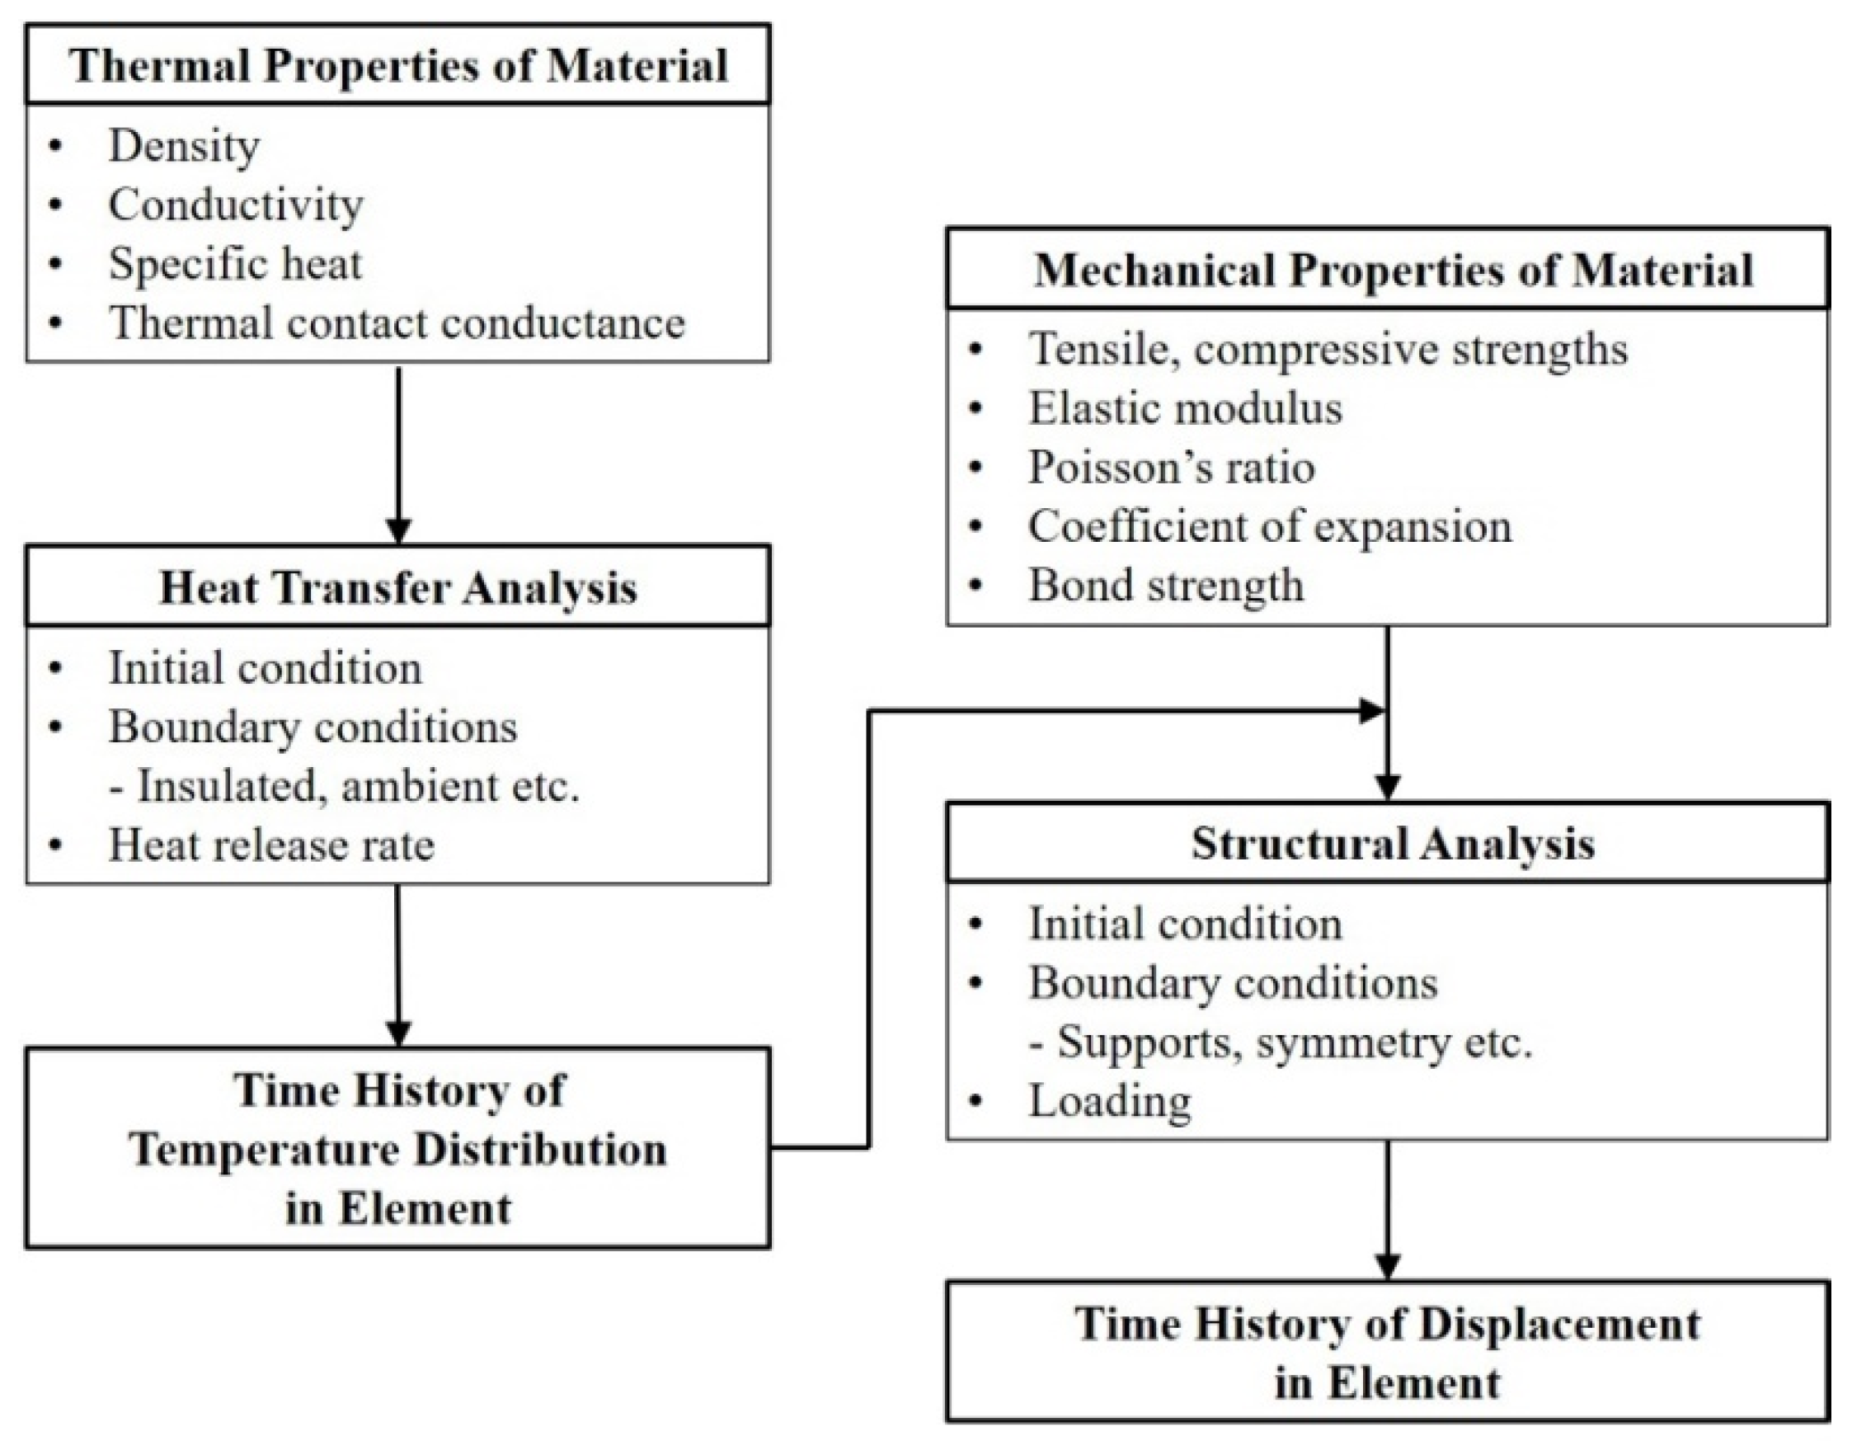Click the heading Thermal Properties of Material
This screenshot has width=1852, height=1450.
[x=398, y=65]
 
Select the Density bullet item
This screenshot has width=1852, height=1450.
[x=183, y=145]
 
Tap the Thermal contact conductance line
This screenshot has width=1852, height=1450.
[x=397, y=322]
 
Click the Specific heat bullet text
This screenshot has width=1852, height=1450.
[x=235, y=263]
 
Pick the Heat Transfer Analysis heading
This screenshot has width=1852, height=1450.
[x=398, y=587]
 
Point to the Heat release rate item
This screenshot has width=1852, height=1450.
[x=270, y=845]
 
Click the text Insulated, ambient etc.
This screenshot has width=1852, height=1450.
[x=345, y=785]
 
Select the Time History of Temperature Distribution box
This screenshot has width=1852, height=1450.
[x=398, y=1148]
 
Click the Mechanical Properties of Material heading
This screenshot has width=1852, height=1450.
[x=1393, y=270]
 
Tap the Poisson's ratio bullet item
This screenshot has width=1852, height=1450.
[x=1171, y=467]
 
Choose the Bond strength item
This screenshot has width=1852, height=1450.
[x=1165, y=585]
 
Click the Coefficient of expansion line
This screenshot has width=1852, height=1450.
[x=1270, y=526]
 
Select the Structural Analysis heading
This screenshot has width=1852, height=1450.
[x=1393, y=843]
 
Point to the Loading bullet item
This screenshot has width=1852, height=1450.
[x=1109, y=1101]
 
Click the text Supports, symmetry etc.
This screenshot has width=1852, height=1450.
[x=1281, y=1042]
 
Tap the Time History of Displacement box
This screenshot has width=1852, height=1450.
[x=1387, y=1353]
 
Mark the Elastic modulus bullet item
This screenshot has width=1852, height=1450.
[x=1185, y=408]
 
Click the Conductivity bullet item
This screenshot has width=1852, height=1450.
[x=235, y=205]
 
